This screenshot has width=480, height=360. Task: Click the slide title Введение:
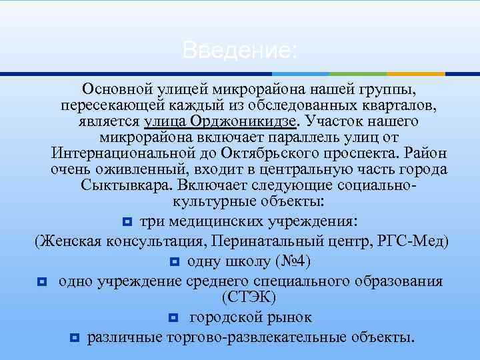click(239, 50)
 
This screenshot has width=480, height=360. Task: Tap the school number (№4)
click(289, 260)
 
